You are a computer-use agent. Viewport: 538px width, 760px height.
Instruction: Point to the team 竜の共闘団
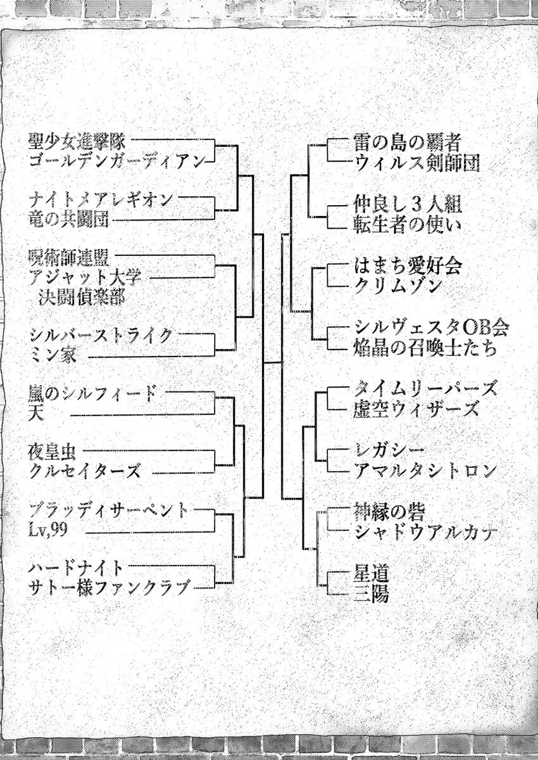click(68, 220)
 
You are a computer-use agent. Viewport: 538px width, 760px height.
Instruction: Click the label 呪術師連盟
click(68, 258)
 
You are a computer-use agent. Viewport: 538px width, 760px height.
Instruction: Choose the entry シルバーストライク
click(101, 336)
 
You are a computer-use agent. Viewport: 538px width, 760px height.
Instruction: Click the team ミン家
click(53, 356)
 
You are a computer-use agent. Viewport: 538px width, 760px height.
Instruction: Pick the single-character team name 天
click(36, 415)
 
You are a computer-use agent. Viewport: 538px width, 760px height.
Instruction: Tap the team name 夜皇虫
click(52, 453)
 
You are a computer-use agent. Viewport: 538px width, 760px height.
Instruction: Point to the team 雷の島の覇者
click(407, 142)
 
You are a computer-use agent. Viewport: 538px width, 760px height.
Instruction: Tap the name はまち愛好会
click(408, 266)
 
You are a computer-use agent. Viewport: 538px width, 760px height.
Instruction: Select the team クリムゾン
click(397, 287)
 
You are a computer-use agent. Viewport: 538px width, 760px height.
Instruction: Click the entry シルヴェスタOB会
click(431, 328)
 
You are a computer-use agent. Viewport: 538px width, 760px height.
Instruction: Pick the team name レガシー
click(389, 451)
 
